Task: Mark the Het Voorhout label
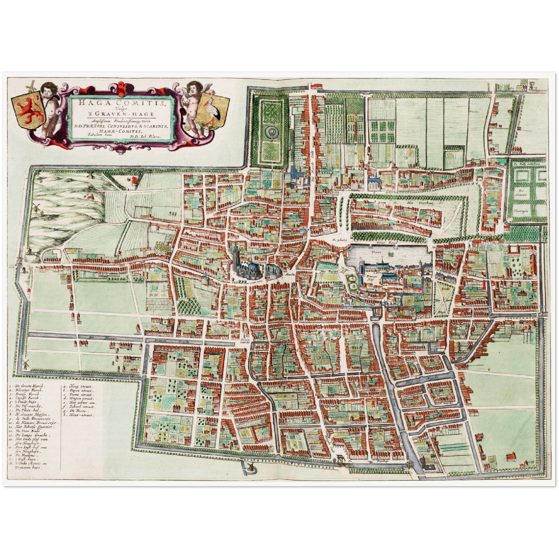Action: click(x=415, y=202)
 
